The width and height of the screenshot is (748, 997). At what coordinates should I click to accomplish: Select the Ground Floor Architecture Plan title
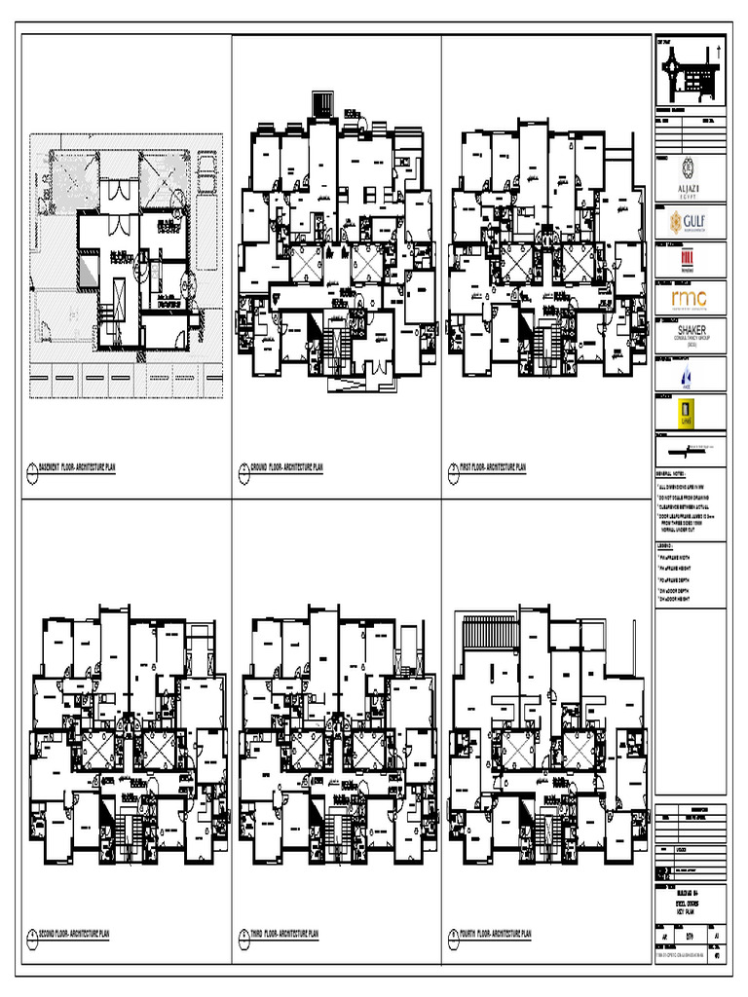pyautogui.click(x=286, y=468)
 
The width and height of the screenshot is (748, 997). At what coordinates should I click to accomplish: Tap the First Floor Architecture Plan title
pyautogui.click(x=492, y=468)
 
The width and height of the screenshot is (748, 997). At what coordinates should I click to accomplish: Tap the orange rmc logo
pyautogui.click(x=690, y=296)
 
